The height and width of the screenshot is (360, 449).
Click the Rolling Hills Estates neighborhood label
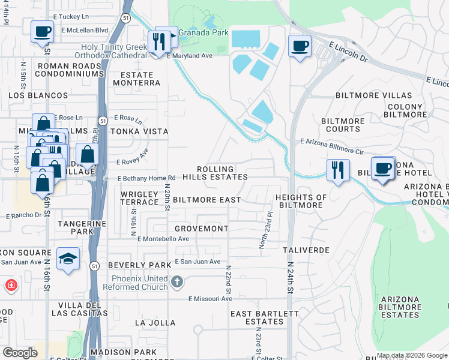tap(222, 173)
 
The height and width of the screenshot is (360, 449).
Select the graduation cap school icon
tap(68, 259)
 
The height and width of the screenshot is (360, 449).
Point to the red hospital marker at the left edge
tap(11, 286)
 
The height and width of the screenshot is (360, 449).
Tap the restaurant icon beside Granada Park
tap(158, 41)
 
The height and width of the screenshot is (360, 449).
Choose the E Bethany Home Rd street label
tap(146, 178)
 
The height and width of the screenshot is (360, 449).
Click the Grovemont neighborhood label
tap(201, 229)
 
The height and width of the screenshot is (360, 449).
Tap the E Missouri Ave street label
tap(210, 299)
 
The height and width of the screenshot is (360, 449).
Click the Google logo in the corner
tap(20, 353)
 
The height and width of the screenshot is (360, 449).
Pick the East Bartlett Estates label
tap(264, 317)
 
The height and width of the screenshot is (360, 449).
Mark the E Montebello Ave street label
tap(163, 239)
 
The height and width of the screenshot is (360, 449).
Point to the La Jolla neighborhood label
tap(155, 322)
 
